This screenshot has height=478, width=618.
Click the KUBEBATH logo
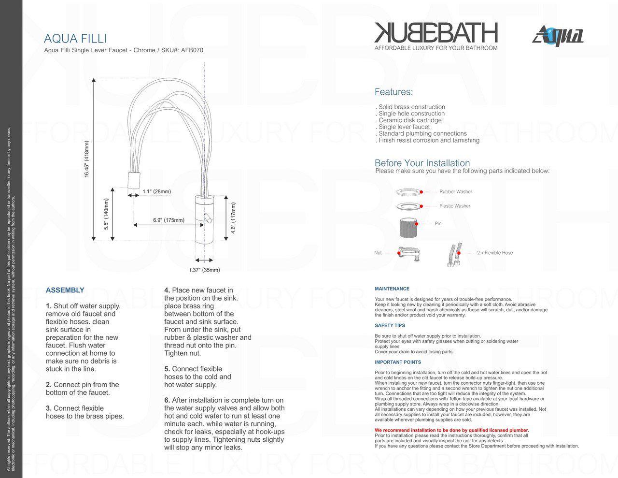[x=436, y=33]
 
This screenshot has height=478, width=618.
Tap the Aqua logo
[x=558, y=36]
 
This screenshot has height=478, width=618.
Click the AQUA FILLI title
[x=75, y=38]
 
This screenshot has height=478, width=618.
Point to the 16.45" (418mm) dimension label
[x=87, y=159]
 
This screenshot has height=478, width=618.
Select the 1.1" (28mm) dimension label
[x=156, y=191]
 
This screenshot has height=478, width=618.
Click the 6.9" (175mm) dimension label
[x=169, y=220]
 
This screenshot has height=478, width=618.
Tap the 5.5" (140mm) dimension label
[x=106, y=214]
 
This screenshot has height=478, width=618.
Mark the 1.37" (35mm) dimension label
[x=204, y=270]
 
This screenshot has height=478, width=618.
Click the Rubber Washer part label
[x=456, y=192]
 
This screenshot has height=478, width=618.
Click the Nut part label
[x=378, y=253]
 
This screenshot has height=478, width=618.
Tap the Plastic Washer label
[x=455, y=206]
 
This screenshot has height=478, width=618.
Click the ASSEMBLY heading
[x=65, y=290]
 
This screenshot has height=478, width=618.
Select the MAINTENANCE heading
[x=392, y=289]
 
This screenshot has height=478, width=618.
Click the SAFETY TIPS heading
[x=390, y=325]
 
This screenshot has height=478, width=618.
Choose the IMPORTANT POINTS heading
[x=398, y=362]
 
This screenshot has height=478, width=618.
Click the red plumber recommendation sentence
[x=451, y=430]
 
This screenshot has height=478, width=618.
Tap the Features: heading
[x=393, y=92]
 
